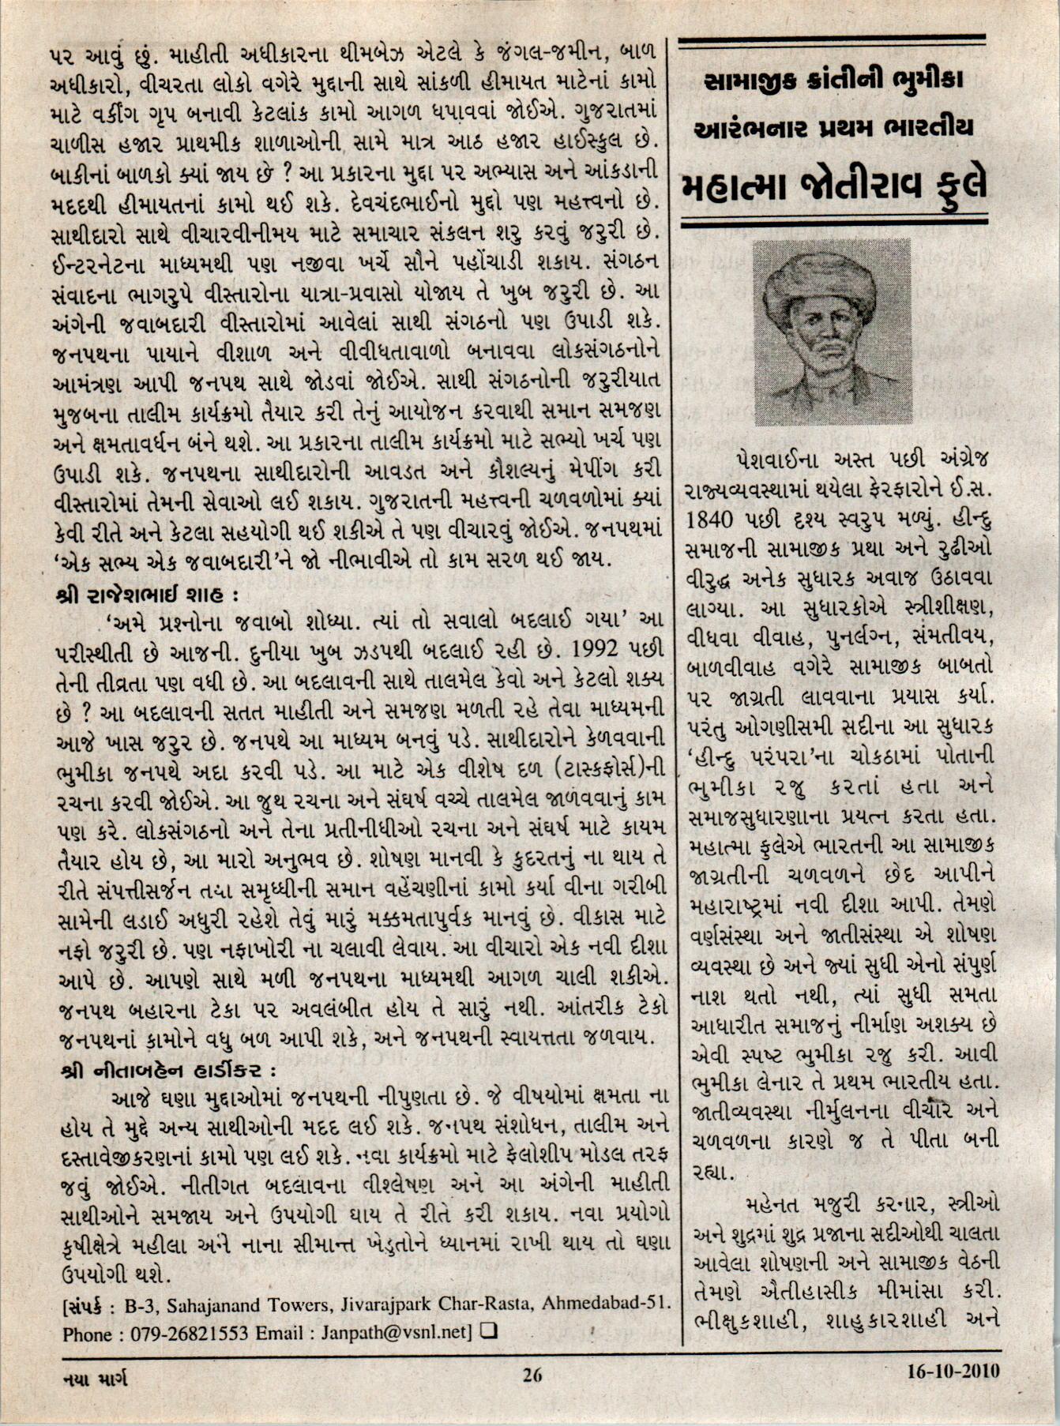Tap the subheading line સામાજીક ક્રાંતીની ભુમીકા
point(836,80)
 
